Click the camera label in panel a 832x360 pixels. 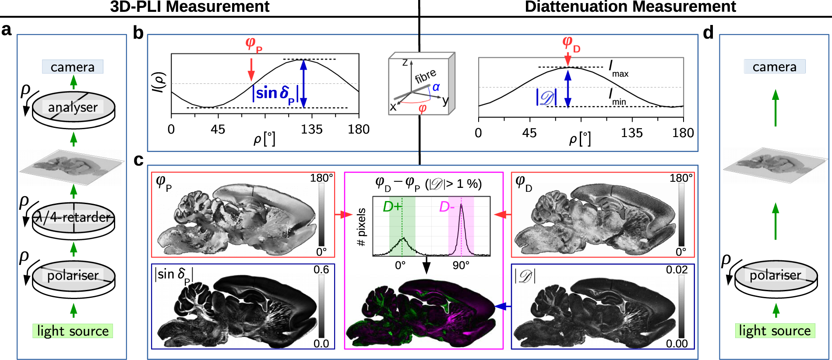coord(73,67)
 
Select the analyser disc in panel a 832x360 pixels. coord(73,108)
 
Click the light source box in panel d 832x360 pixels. coord(775,331)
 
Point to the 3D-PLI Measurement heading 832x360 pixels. coord(190,7)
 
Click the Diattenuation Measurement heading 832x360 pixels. coord(630,7)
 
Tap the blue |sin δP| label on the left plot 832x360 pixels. coord(275,94)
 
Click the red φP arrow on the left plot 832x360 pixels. coord(251,69)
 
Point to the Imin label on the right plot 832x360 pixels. coord(617,96)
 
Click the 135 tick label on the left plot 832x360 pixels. coord(311,130)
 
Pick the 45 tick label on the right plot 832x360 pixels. coord(529,133)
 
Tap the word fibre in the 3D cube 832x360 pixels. coord(425,76)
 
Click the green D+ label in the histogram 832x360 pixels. coord(392,207)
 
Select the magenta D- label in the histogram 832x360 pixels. coord(447,207)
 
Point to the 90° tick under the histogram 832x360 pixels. coord(461,265)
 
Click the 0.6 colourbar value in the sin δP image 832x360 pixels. coord(321,270)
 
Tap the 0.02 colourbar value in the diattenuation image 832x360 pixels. coord(677,270)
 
